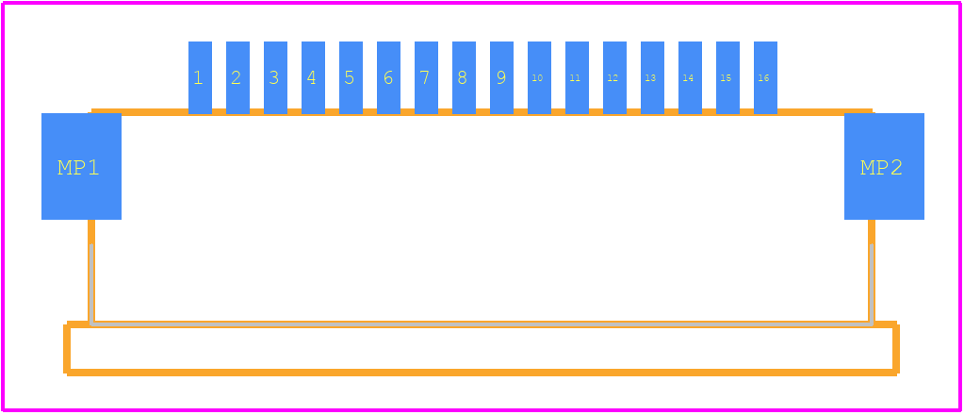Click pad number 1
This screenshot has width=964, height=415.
point(200,77)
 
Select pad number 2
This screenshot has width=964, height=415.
point(237,77)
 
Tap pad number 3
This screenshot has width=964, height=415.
point(275,77)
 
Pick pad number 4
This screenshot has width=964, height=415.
point(313,77)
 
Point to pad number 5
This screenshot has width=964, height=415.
point(351,77)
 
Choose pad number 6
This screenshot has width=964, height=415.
point(388,77)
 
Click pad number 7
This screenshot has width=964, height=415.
point(426,77)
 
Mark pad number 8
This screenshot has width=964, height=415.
point(465,77)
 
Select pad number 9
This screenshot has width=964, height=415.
point(501,77)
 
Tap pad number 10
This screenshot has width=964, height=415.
point(539,77)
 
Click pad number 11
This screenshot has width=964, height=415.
point(578,77)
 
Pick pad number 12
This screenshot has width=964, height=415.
point(614,77)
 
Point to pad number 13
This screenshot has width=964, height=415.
point(652,77)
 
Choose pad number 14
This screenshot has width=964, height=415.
point(690,77)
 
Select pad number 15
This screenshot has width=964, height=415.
point(727,77)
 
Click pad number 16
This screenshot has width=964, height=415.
point(765,77)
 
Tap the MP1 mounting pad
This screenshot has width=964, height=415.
point(81,166)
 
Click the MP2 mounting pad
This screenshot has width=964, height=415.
point(884,166)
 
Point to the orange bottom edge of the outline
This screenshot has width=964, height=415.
point(482,372)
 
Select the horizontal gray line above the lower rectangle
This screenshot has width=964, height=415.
point(482,324)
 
